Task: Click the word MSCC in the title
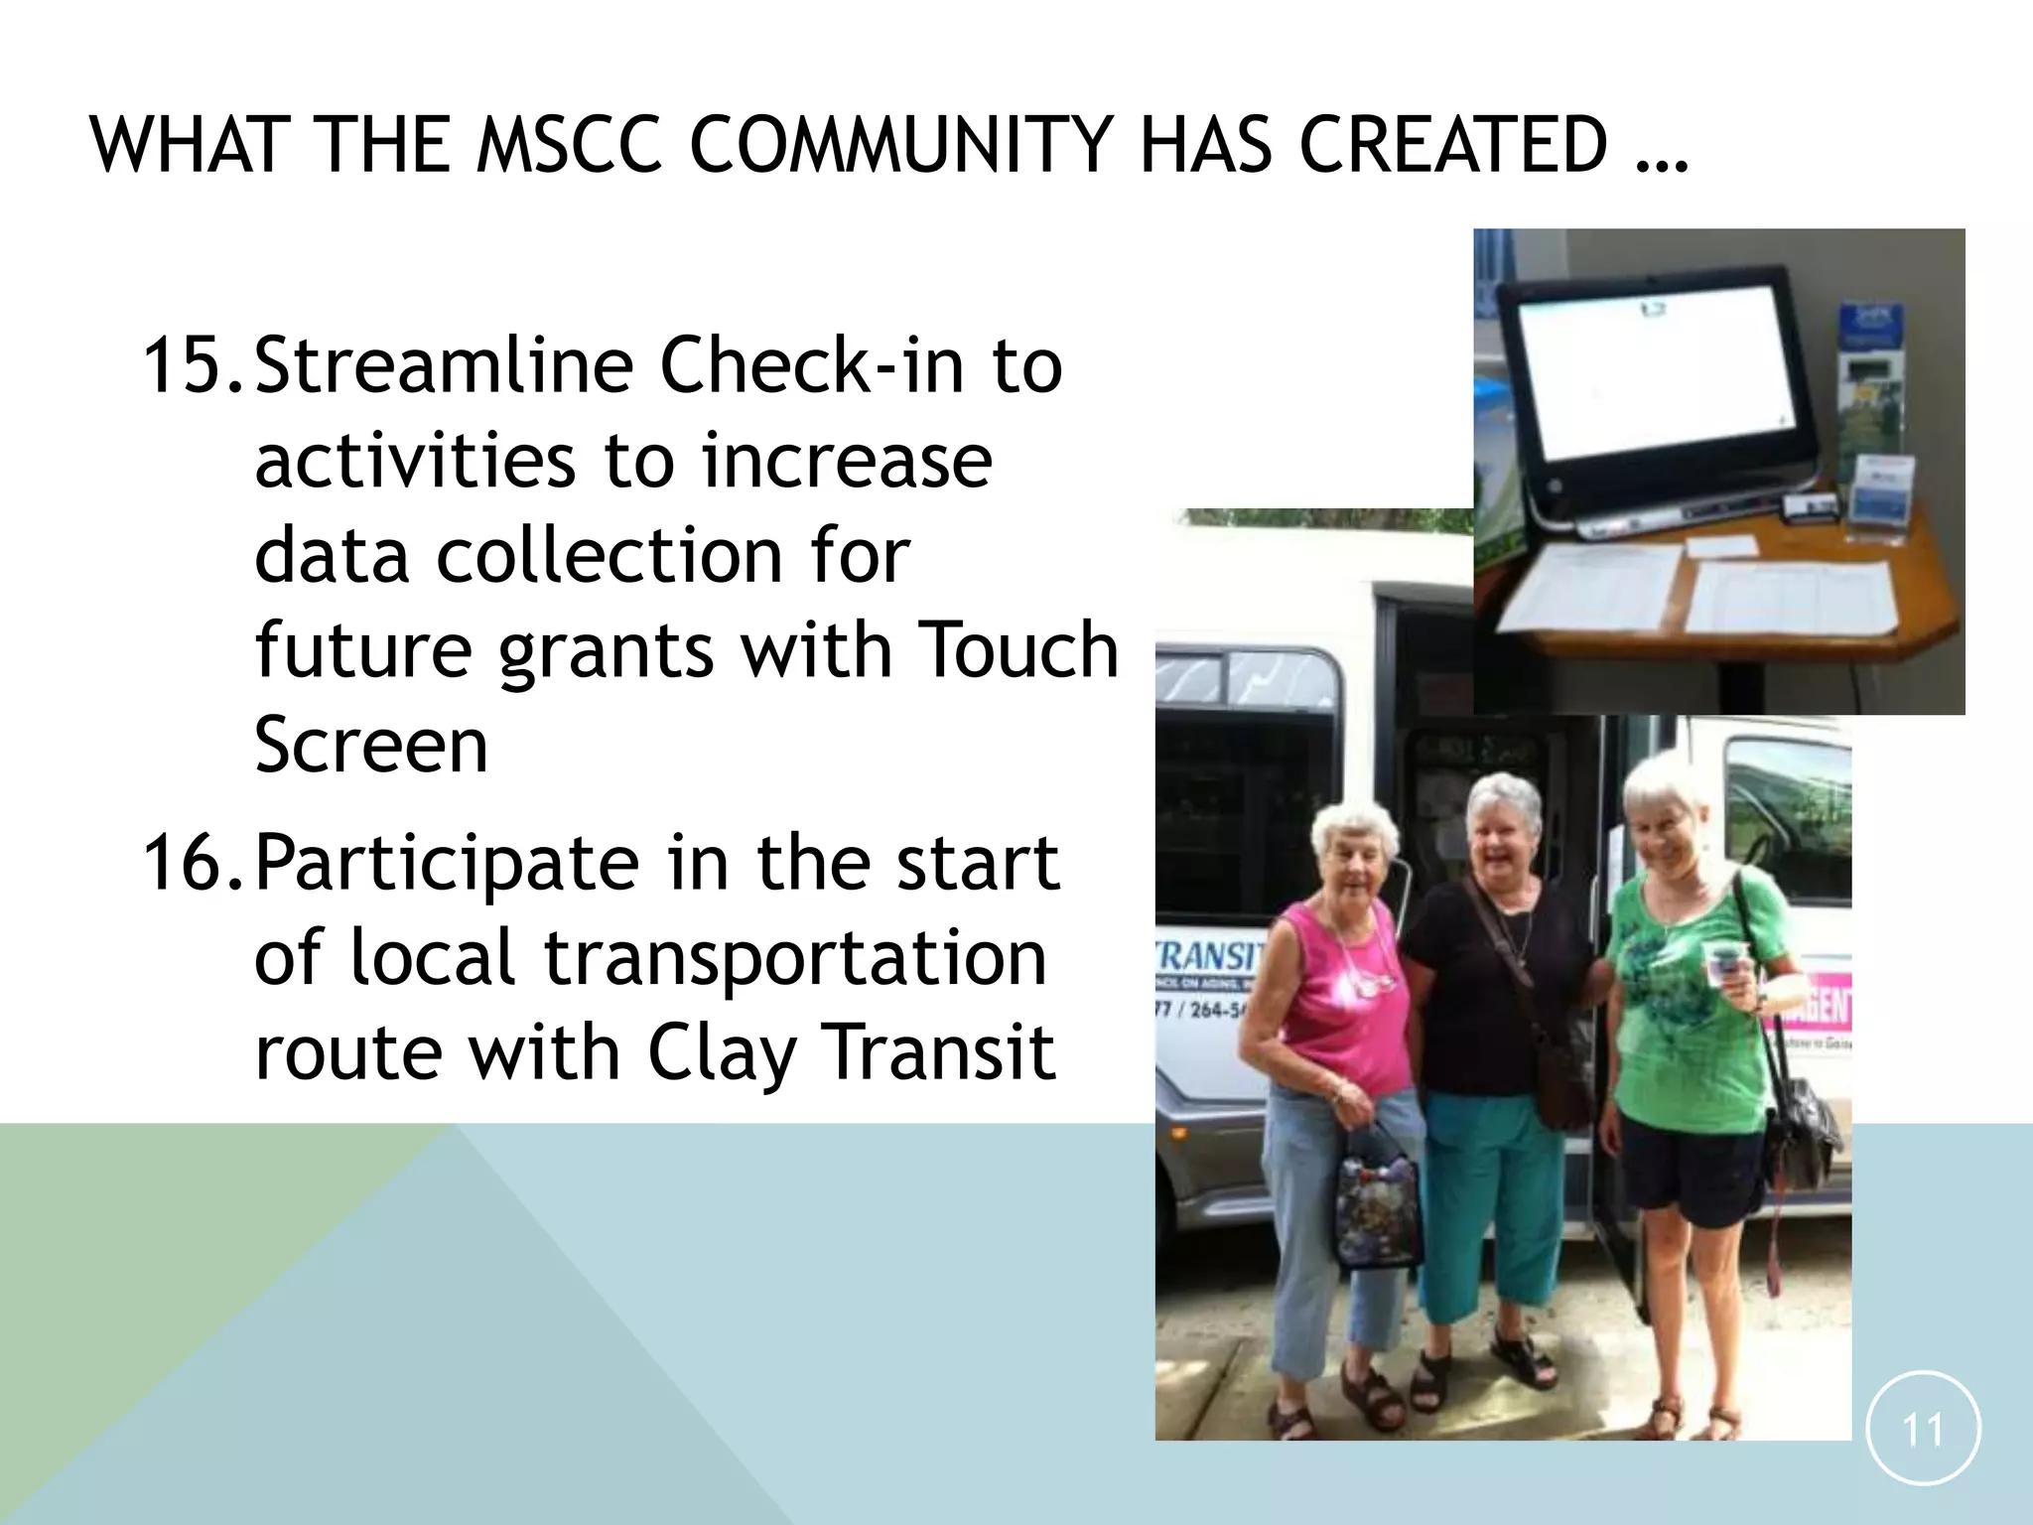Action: point(568,145)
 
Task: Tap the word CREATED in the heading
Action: point(1452,145)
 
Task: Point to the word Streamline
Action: point(443,365)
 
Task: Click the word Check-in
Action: point(810,365)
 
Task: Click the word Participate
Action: point(447,864)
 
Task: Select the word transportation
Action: point(794,958)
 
